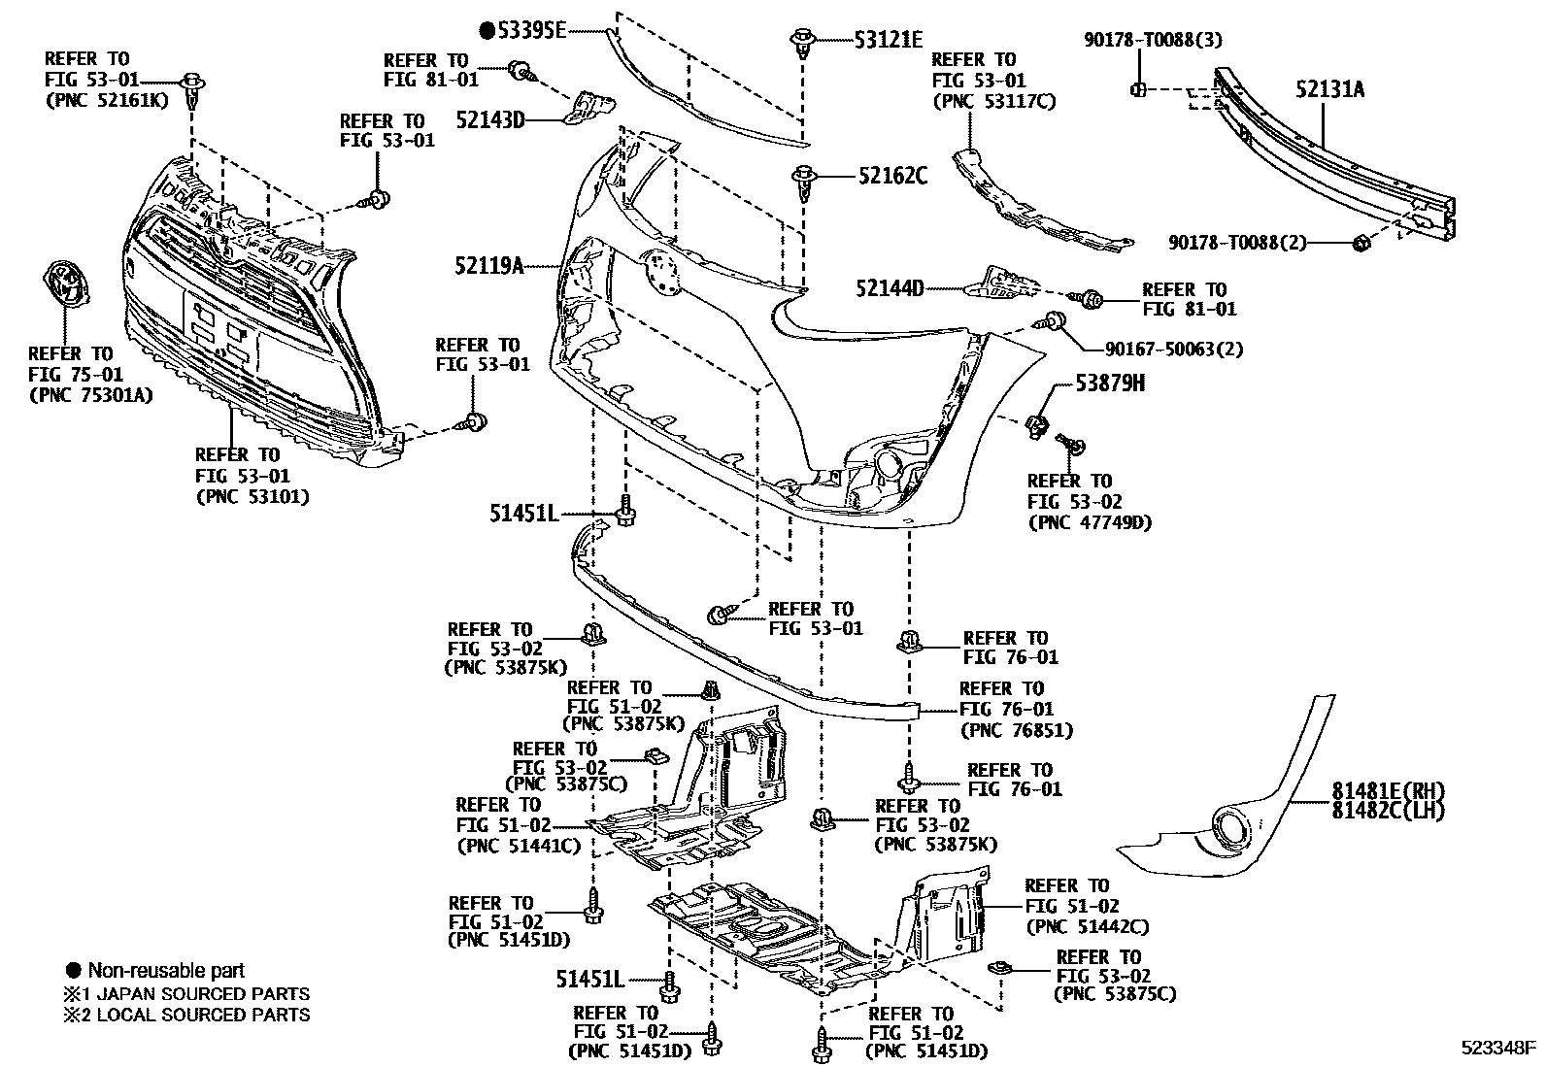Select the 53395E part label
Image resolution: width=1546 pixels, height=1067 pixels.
coord(530,30)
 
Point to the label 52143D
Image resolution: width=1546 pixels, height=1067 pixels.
coord(490,119)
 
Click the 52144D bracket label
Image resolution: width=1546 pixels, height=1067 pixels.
coord(890,288)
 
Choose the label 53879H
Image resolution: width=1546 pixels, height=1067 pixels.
coord(1109,383)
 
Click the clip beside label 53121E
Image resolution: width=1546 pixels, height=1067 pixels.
coord(802,42)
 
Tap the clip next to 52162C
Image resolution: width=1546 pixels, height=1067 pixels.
coord(803,180)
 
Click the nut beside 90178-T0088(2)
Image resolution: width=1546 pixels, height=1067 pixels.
coord(1361,242)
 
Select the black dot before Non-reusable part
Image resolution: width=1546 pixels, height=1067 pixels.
coord(73,970)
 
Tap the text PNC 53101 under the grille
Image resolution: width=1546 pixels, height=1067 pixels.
coord(252,497)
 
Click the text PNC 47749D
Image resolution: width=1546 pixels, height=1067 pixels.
coord(1089,522)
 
